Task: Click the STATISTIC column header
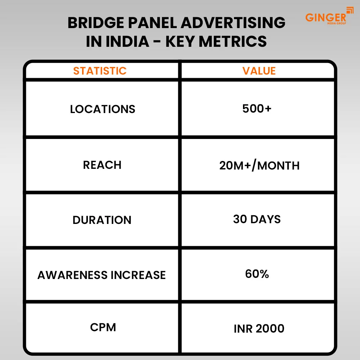[100, 71]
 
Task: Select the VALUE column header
[259, 71]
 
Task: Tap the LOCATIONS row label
[103, 109]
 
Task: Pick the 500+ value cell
[257, 108]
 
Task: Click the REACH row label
[102, 165]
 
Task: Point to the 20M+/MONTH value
[259, 166]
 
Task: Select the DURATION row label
[102, 220]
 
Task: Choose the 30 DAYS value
[257, 219]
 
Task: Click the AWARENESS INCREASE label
[102, 275]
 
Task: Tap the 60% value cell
[257, 274]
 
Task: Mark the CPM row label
[103, 327]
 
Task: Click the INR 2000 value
[259, 328]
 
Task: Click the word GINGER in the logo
[325, 17]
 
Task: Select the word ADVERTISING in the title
[233, 23]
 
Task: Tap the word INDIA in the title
[127, 41]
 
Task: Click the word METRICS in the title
[233, 41]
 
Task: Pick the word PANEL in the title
[156, 23]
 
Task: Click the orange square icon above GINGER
[350, 10]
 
